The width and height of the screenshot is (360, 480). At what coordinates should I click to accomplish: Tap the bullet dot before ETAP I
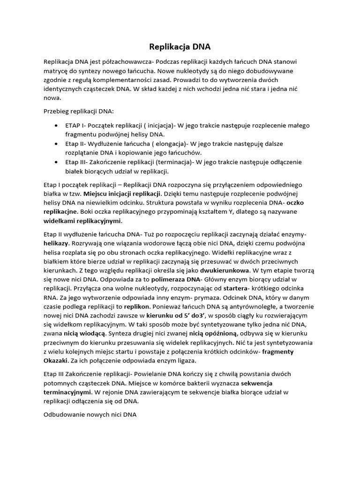[x=56, y=126]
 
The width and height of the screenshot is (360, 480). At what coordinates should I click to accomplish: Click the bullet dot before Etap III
[x=56, y=162]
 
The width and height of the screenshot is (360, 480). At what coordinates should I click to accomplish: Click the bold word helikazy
[x=56, y=243]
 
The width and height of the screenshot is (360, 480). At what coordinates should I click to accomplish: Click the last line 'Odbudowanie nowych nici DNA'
[x=90, y=415]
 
